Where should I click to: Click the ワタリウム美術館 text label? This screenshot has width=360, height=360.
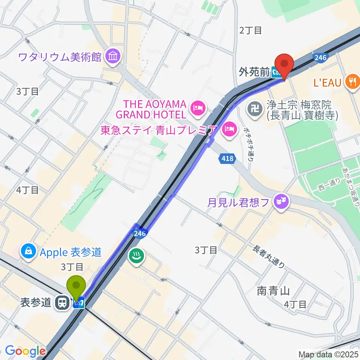60,57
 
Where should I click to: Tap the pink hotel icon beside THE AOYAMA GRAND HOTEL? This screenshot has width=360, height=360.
197,109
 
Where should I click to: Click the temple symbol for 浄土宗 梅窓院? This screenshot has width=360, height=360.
256,109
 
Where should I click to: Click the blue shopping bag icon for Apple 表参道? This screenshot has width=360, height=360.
28,252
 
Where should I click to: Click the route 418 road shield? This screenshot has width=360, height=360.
226,159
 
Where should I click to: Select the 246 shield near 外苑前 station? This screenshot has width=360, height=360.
320,57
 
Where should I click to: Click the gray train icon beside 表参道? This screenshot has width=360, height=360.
61,303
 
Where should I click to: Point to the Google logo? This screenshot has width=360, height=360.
25,351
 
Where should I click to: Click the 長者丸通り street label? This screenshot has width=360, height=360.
269,256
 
